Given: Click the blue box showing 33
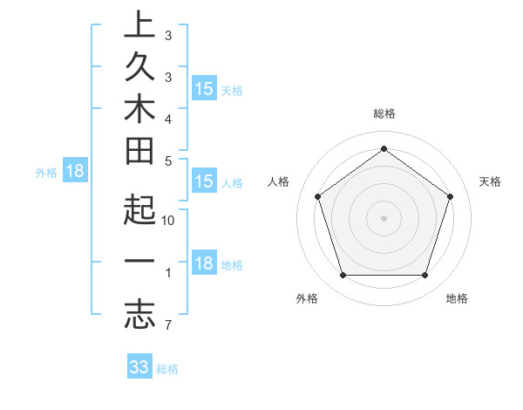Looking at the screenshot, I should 139,367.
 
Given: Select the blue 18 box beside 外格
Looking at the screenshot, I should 75,171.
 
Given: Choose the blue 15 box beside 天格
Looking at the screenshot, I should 204,89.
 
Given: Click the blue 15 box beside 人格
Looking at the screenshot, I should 204,181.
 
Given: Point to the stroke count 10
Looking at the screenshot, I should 169,221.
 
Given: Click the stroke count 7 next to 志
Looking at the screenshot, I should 166,326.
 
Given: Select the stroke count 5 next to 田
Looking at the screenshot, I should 167,161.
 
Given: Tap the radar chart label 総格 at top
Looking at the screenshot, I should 384,113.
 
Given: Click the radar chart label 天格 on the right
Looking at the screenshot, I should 490,181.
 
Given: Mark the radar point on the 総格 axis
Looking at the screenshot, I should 384,149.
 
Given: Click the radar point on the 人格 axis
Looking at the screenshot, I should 318,196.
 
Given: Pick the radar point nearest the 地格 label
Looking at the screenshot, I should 425,276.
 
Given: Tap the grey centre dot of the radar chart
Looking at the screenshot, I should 384,217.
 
